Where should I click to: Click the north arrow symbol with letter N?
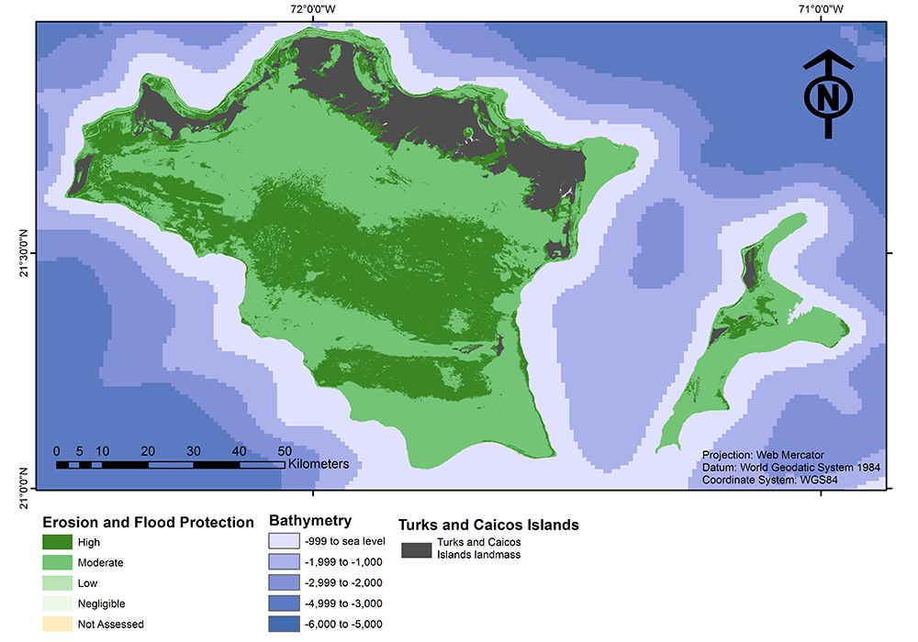click(828, 94)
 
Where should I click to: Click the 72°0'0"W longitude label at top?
click(312, 10)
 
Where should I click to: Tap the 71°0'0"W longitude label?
click(821, 10)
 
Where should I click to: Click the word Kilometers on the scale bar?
click(318, 464)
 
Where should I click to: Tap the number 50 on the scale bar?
click(285, 451)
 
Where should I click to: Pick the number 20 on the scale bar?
click(147, 451)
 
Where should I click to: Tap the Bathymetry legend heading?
click(309, 521)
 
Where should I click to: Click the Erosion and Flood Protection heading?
click(149, 522)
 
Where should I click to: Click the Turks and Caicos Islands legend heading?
click(487, 526)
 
